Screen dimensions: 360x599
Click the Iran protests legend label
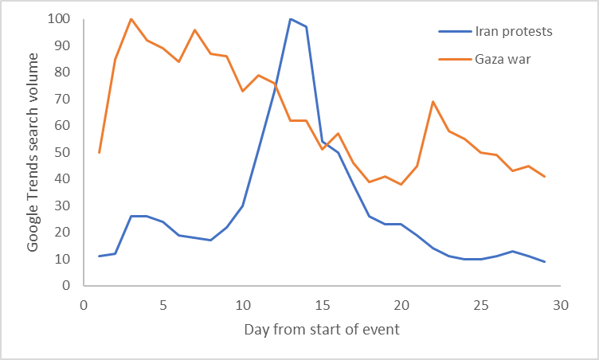513,32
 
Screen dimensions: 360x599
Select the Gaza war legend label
503,59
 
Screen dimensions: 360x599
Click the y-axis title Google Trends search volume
33,151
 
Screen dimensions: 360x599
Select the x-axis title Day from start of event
322,329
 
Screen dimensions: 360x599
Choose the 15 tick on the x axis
322,303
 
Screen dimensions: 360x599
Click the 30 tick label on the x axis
561,303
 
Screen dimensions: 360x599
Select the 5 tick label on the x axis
162,303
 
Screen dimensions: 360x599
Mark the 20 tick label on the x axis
401,303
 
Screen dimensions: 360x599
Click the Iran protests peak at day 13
290,19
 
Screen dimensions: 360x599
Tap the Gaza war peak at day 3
131,19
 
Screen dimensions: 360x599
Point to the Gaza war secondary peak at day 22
433,102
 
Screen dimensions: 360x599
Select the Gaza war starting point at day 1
99,152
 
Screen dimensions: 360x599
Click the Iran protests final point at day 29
545,261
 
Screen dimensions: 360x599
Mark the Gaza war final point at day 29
545,176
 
